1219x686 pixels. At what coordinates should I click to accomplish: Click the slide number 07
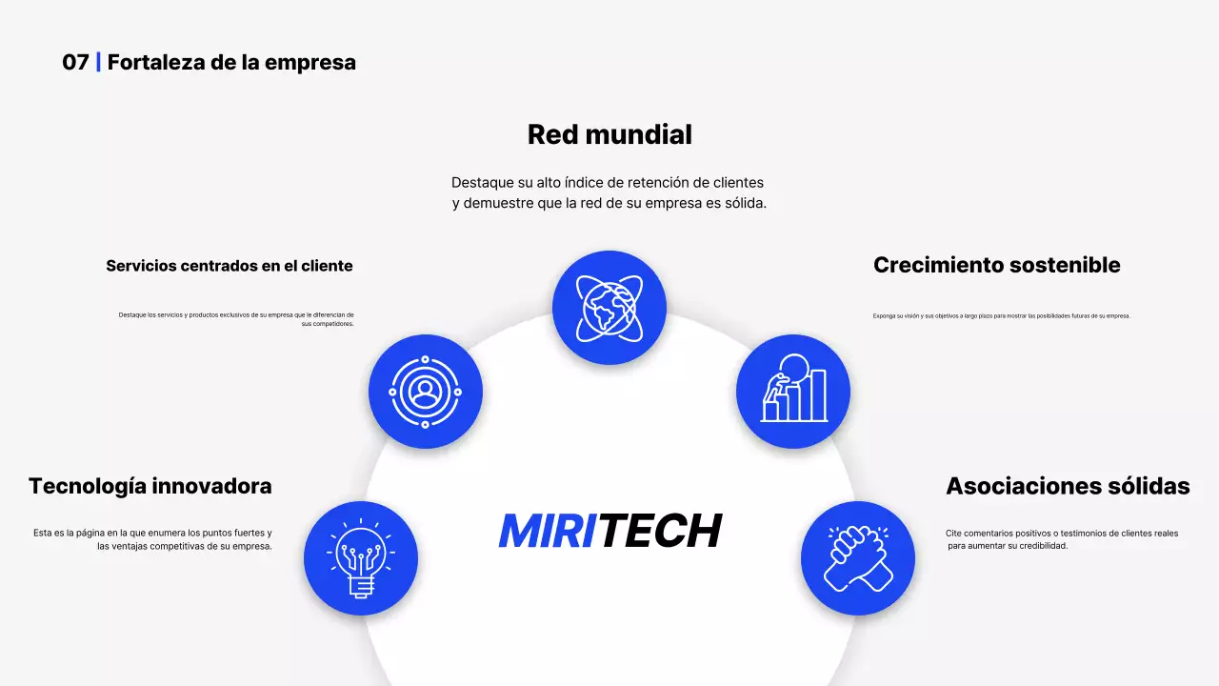click(75, 63)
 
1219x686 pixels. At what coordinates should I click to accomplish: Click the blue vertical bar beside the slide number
click(98, 63)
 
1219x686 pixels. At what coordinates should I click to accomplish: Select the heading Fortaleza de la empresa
click(231, 63)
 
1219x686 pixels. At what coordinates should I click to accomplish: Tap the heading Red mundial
click(609, 134)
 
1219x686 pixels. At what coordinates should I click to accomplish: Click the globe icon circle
click(609, 308)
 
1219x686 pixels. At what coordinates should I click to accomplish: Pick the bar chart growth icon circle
click(793, 392)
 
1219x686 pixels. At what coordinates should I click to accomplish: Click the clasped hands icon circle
click(858, 558)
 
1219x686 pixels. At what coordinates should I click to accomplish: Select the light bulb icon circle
click(361, 558)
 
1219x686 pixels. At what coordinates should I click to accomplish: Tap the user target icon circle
click(426, 392)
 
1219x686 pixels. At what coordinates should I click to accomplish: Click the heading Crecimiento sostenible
click(996, 265)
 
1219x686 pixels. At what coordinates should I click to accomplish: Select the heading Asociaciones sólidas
click(1068, 486)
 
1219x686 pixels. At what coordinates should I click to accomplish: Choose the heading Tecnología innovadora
click(150, 486)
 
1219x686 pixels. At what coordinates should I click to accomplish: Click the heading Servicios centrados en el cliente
click(230, 266)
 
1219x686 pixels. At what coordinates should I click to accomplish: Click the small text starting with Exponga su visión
click(1001, 315)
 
